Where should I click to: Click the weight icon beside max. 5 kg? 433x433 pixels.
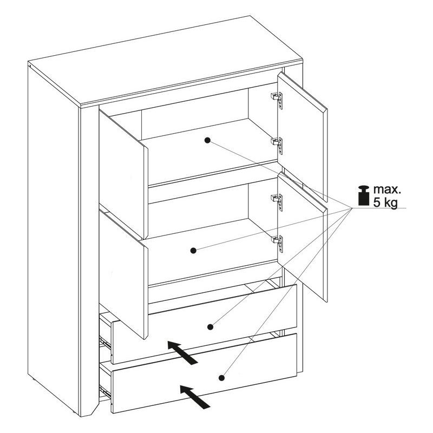coord(364,195)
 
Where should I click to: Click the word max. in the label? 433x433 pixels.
coord(386,189)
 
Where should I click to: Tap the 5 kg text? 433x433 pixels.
coord(385,202)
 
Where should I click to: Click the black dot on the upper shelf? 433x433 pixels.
coord(207,140)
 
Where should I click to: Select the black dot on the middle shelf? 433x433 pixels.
coord(193,251)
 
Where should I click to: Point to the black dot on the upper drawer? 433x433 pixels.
coord(210,327)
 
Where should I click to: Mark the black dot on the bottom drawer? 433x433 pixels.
coord(221,377)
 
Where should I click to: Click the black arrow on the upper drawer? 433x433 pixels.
coord(183,352)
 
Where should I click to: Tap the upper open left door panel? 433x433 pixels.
coord(123,173)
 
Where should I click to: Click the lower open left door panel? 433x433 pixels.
coord(123,273)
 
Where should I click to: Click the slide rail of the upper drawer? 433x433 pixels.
coord(106,343)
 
